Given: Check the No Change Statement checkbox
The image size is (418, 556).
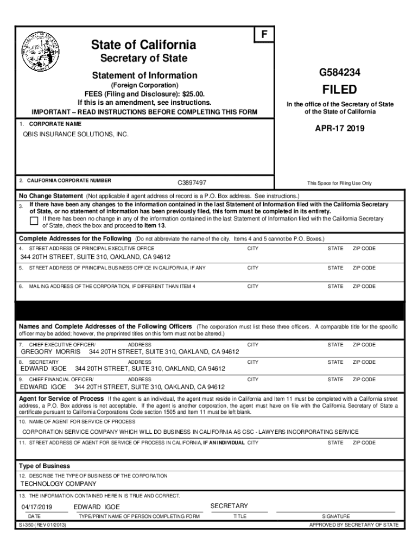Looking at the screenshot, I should [x=34, y=220].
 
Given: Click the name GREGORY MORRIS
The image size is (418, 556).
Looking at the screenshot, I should [x=50, y=352].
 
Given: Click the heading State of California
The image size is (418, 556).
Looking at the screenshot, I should [x=144, y=45].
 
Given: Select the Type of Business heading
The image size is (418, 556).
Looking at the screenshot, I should [x=45, y=466].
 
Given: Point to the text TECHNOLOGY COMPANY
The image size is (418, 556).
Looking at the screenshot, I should [x=59, y=484].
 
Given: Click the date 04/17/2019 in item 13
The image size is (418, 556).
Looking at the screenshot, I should [x=36, y=507].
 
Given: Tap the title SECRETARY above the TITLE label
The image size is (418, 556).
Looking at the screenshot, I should [x=229, y=506].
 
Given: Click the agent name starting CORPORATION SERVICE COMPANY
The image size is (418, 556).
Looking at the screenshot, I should [x=190, y=432].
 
